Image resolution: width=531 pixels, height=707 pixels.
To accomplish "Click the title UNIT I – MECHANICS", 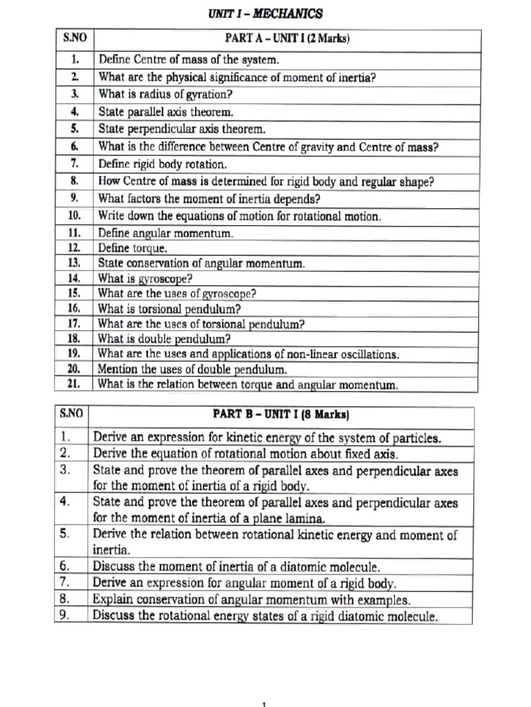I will (265, 14).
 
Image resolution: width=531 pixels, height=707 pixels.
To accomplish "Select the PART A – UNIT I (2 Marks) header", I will (287, 39).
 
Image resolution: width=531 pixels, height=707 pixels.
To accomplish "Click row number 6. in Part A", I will (75, 146).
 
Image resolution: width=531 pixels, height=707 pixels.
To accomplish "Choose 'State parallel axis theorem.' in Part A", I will (166, 111).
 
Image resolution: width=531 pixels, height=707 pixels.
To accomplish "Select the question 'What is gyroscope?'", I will (145, 278).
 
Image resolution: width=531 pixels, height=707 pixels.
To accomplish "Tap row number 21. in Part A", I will (75, 384).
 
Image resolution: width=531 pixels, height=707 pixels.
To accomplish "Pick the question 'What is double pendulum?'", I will (164, 339).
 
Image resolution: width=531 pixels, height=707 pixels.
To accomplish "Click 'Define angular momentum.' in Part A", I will (165, 233).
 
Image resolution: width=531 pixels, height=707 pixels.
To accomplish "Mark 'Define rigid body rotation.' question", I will (162, 164).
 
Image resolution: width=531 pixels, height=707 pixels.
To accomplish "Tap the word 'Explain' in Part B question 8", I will (113, 599).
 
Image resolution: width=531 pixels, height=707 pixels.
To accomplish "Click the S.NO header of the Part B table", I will (71, 414).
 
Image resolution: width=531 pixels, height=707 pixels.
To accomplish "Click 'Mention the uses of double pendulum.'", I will (192, 369).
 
